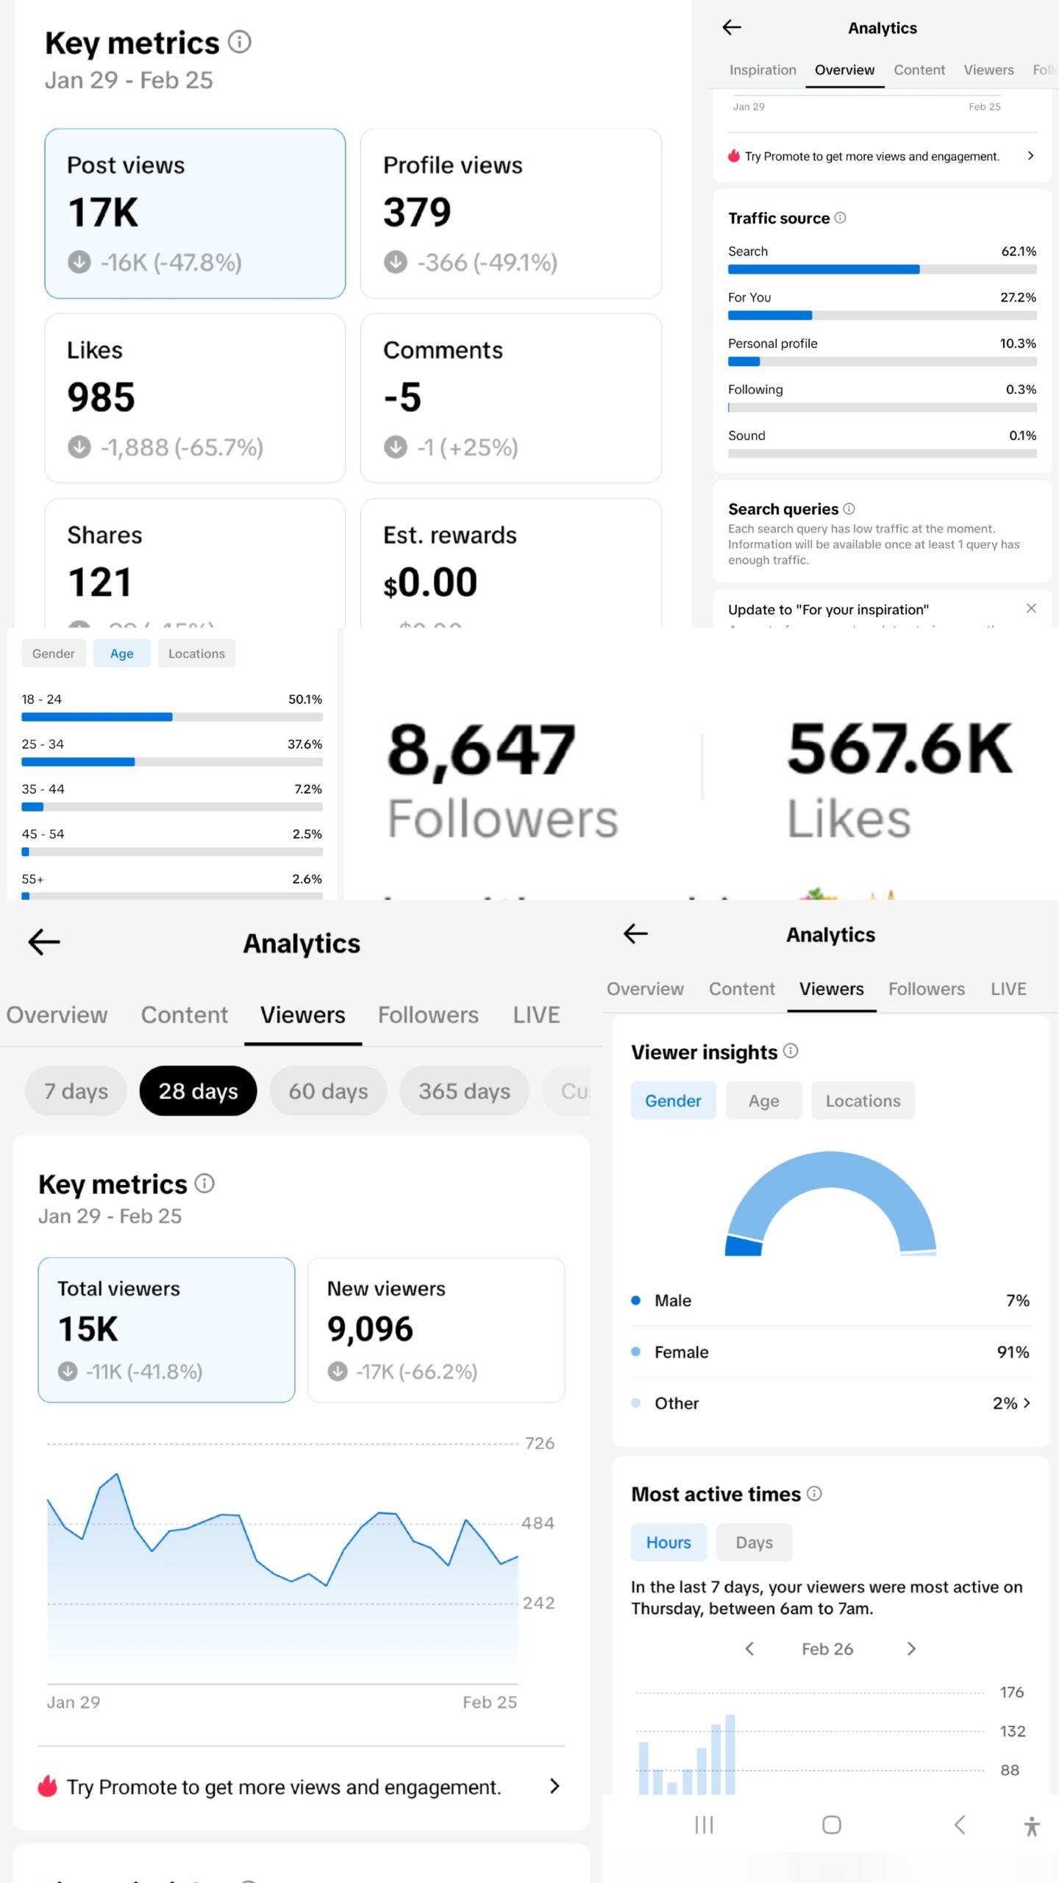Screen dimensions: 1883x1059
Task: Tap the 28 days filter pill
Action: point(198,1091)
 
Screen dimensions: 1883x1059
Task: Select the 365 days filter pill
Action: point(464,1091)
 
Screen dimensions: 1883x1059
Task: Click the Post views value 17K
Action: point(103,213)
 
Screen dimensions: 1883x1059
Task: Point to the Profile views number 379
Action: point(417,213)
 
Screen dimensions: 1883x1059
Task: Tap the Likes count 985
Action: point(101,397)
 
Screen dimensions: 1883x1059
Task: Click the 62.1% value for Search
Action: point(1018,252)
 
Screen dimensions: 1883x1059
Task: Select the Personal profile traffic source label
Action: point(772,344)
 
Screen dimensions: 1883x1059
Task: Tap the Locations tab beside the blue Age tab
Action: point(196,653)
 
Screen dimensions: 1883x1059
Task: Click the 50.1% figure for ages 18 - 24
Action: point(304,699)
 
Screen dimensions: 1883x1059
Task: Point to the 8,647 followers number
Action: point(482,750)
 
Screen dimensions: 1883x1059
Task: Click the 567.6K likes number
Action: point(899,749)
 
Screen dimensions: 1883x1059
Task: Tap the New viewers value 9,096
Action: point(370,1328)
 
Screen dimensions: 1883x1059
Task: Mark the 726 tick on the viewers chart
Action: point(539,1443)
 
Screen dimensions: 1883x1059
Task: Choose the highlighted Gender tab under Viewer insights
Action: point(673,1100)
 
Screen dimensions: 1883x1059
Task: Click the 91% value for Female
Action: point(1013,1352)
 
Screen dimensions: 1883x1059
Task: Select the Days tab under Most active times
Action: point(754,1542)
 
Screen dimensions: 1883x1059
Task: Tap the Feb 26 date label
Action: point(827,1649)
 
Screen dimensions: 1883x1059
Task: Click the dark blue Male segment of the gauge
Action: point(744,1246)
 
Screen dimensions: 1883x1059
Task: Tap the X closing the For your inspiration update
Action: point(1031,608)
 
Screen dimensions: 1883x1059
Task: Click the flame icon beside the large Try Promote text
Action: point(48,1786)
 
